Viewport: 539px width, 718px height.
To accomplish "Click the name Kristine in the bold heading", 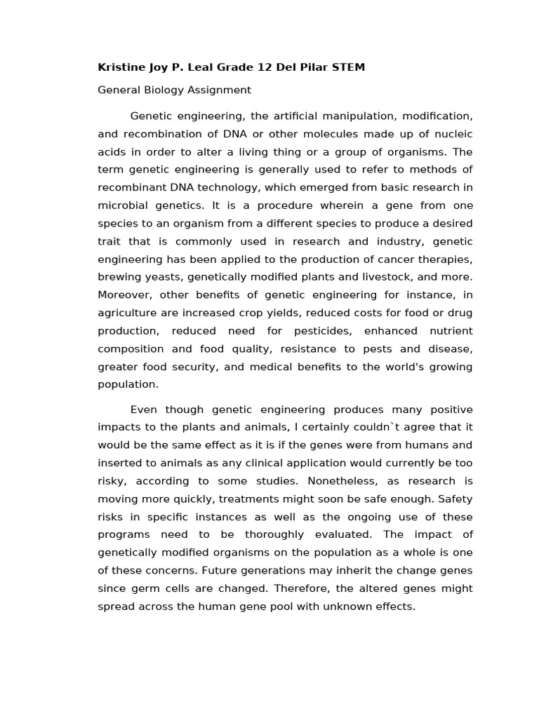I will pos(120,67).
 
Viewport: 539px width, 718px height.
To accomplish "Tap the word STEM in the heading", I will pos(349,67).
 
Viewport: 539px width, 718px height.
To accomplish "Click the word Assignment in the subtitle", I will pos(220,90).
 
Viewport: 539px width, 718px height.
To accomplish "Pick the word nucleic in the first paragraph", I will pos(454,134).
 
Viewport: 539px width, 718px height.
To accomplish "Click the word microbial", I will pos(121,205).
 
